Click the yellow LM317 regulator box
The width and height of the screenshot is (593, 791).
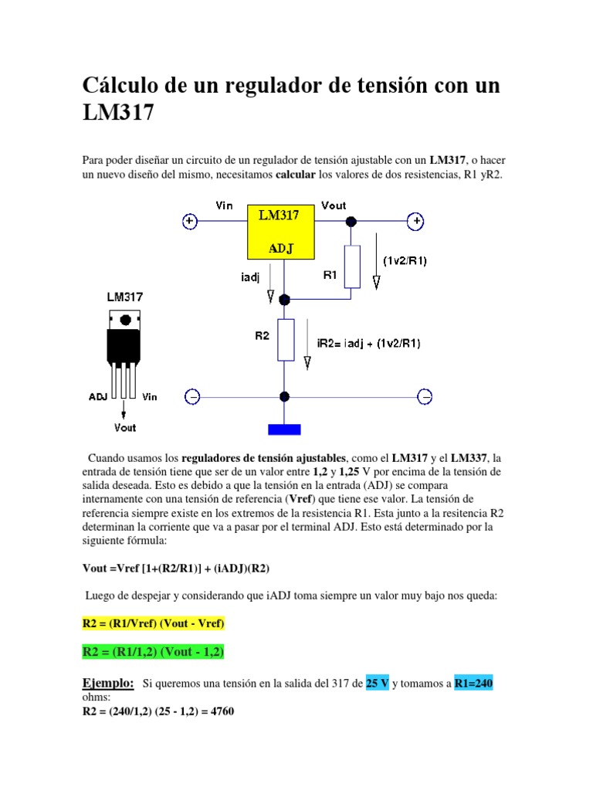[280, 232]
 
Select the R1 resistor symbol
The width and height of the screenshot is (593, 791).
[351, 266]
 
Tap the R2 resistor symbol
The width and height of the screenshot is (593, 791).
[285, 340]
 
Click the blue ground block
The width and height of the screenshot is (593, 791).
[284, 429]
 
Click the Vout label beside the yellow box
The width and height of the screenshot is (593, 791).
[333, 205]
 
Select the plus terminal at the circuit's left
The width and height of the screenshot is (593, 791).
[190, 222]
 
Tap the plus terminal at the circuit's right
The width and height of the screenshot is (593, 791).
[415, 222]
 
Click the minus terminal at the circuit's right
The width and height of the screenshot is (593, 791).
[424, 397]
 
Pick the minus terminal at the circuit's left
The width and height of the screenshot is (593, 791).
[192, 397]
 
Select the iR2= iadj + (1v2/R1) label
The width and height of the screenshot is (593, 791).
[368, 343]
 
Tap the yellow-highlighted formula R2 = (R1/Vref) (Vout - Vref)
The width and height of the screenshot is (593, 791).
[153, 623]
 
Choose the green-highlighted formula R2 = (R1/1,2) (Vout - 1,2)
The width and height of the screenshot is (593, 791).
[153, 653]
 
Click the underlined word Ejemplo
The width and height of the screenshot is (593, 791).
[108, 684]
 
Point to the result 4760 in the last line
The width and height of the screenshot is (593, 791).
[219, 712]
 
